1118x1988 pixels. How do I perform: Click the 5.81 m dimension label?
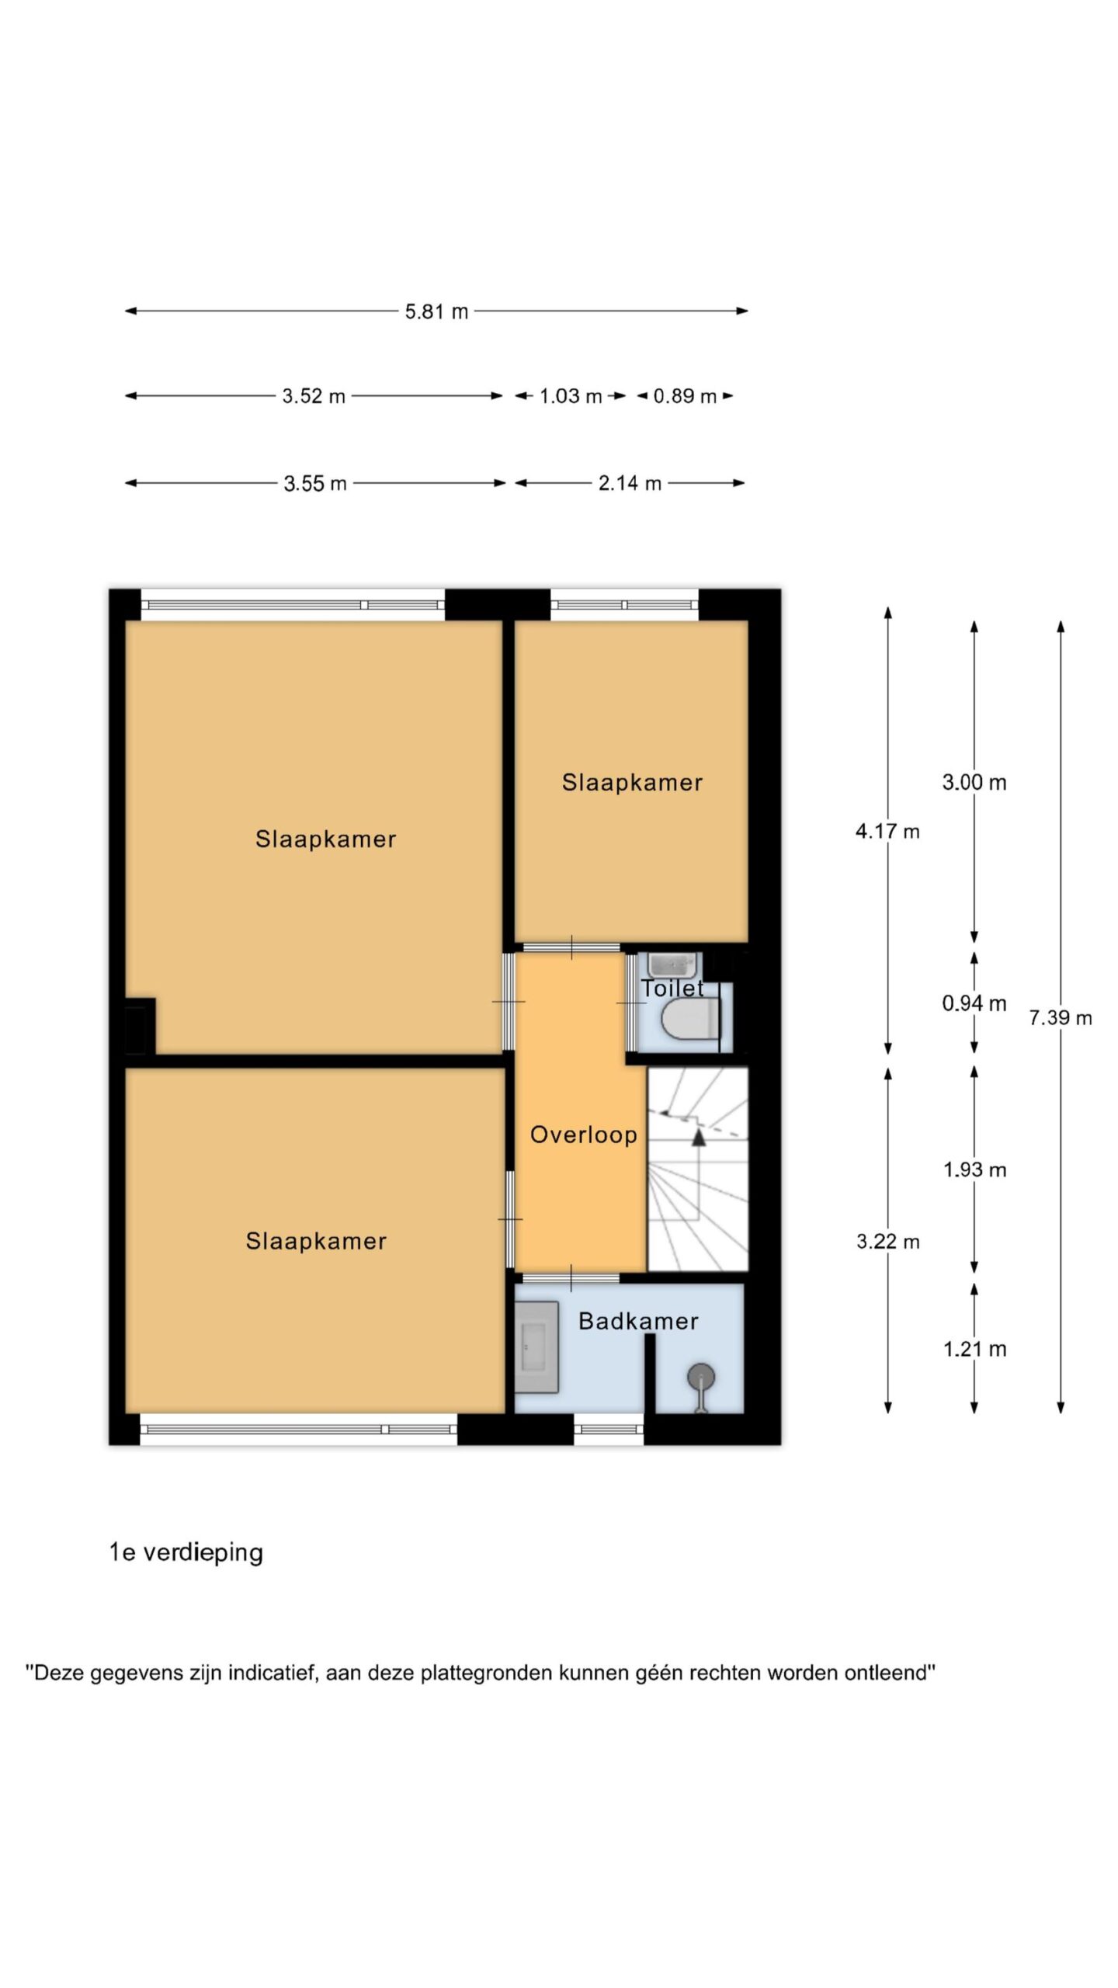[436, 311]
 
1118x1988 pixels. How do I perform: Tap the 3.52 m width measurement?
[314, 396]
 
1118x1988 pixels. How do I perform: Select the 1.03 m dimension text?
[571, 396]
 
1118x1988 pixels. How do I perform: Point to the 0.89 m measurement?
[685, 396]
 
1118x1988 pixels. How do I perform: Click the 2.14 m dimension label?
[630, 483]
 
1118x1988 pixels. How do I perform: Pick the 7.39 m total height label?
[1061, 1017]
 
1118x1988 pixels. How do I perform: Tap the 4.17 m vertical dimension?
[887, 832]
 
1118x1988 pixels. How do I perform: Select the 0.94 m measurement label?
[974, 1003]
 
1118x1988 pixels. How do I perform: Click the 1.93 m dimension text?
[974, 1170]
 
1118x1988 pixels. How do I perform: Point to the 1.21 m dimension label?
[974, 1349]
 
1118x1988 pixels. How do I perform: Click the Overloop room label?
[584, 1135]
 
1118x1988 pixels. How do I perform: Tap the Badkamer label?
[638, 1321]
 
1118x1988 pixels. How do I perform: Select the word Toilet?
[672, 988]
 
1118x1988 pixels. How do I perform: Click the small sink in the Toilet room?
[674, 965]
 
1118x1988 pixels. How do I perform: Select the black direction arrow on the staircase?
[699, 1138]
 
